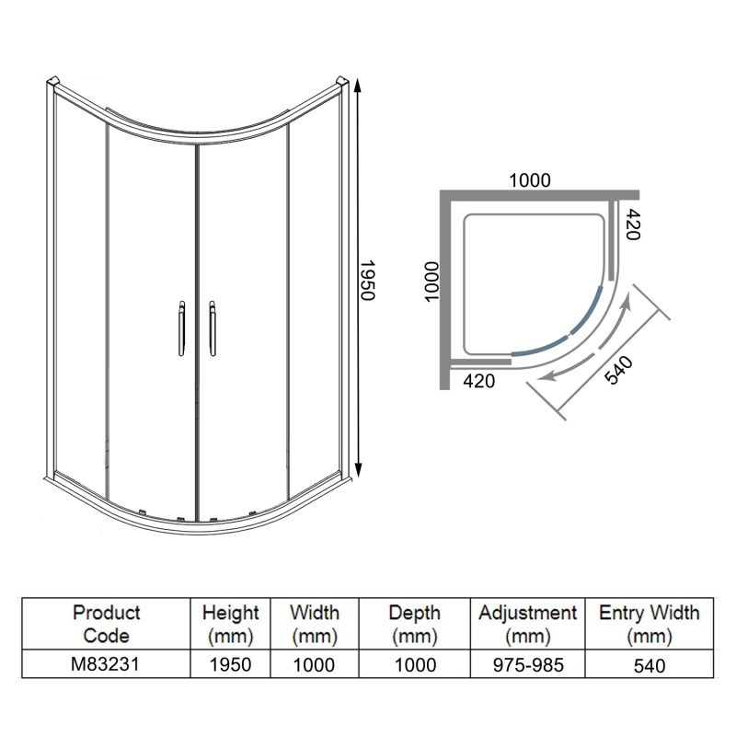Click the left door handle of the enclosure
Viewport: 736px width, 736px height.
(x=181, y=328)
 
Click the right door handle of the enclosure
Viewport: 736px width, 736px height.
(x=213, y=328)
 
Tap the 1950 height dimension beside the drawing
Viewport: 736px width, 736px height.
(x=367, y=281)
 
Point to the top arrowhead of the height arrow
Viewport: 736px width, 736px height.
(x=358, y=86)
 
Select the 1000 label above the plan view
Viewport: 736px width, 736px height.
(x=530, y=180)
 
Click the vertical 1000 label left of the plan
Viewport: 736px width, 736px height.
(x=431, y=282)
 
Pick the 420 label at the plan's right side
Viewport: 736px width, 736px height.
(x=633, y=224)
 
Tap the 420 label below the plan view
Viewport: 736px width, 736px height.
(x=478, y=381)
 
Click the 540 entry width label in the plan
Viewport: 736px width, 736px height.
(x=618, y=371)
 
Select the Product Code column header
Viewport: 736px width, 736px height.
(x=107, y=625)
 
